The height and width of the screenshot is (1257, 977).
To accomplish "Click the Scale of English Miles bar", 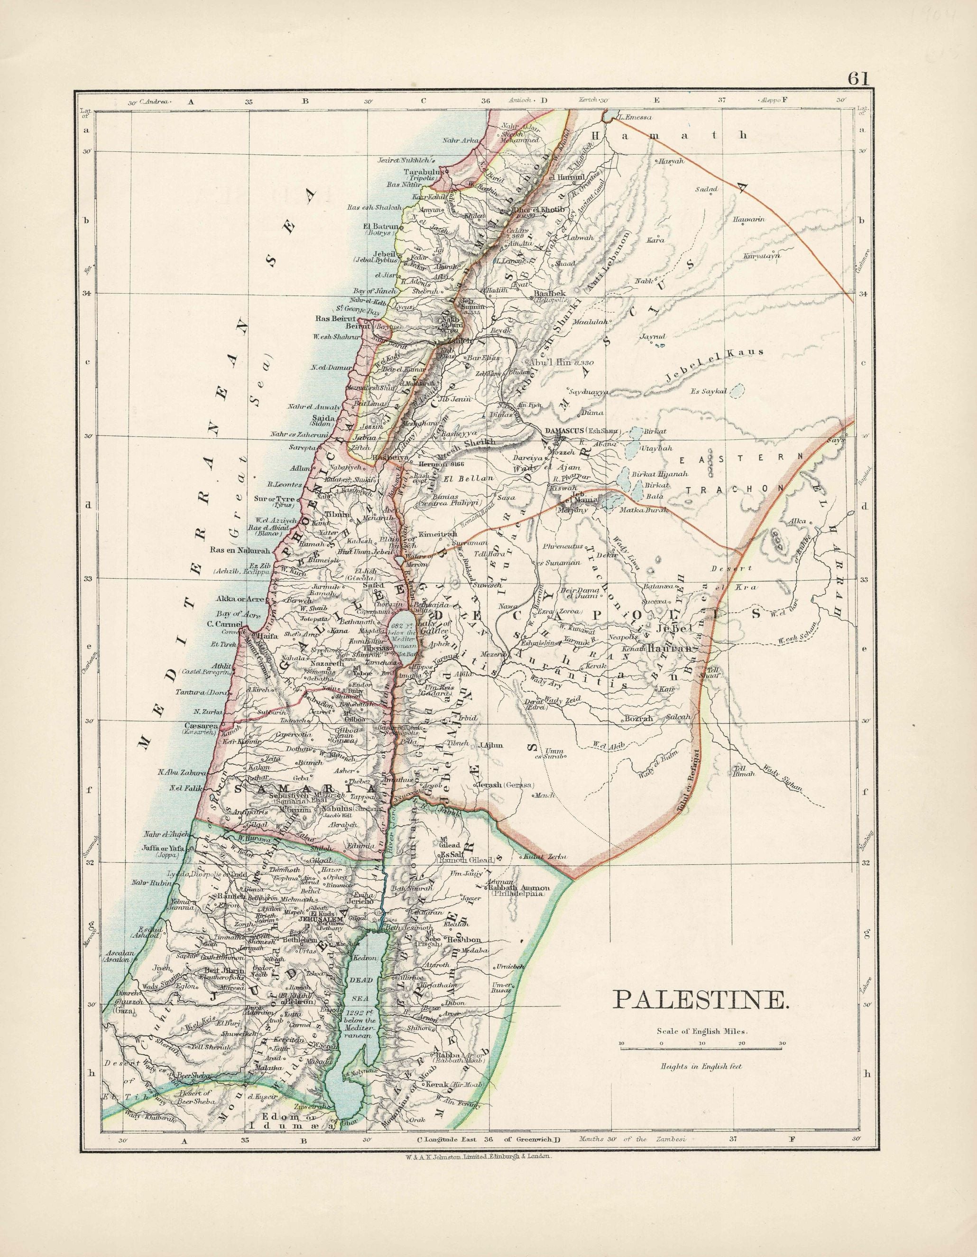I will (x=701, y=1049).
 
